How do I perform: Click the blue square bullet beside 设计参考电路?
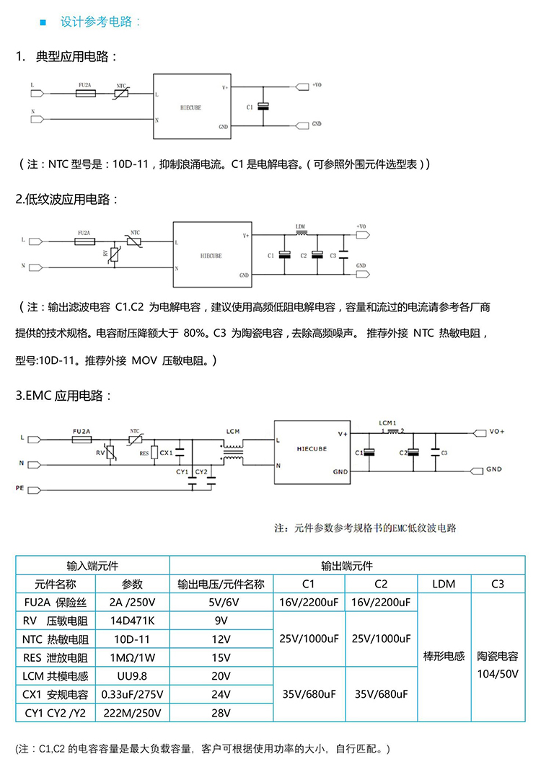tap(43, 22)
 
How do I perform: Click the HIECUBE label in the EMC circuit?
tap(312, 448)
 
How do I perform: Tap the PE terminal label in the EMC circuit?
tap(21, 488)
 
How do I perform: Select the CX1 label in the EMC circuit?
tap(166, 452)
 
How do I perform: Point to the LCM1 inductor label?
tap(388, 422)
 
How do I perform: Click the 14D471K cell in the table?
tap(132, 620)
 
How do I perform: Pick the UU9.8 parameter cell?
tap(132, 676)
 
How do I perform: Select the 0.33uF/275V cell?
tap(132, 695)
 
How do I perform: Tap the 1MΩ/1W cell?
tap(132, 657)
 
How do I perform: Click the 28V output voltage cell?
tap(221, 714)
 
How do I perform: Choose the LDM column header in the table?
tap(444, 583)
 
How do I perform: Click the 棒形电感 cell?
tap(444, 657)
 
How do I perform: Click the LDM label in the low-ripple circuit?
tap(301, 227)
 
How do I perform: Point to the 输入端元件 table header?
tap(92, 565)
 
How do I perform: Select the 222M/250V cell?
tap(132, 714)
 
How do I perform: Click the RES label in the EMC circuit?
tap(144, 453)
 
